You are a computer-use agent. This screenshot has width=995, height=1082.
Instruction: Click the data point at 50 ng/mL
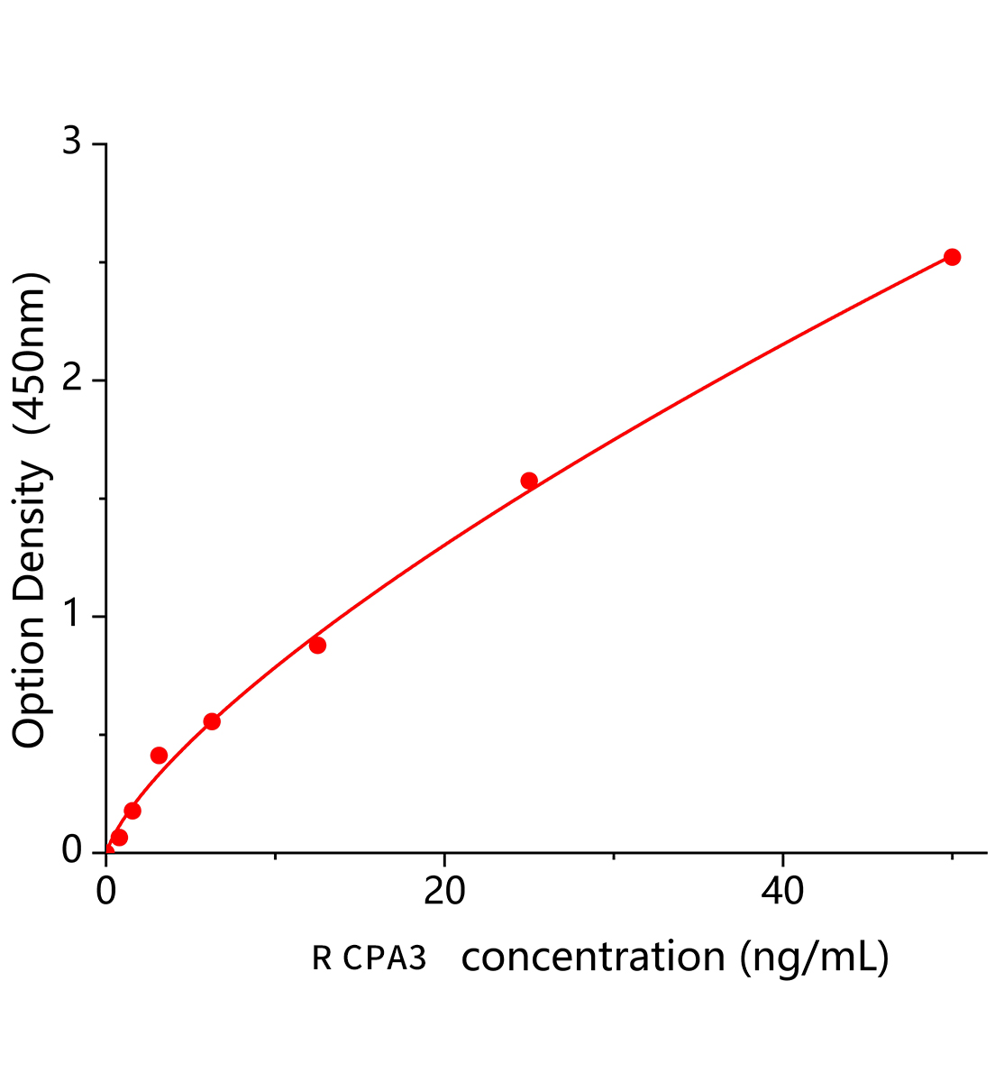[952, 257]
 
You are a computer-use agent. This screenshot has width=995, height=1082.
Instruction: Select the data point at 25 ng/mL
[529, 481]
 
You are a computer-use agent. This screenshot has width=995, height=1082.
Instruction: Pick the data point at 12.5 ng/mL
[317, 645]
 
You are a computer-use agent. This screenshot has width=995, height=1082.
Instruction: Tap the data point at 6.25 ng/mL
[212, 721]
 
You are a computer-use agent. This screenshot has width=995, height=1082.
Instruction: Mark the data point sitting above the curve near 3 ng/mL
[159, 755]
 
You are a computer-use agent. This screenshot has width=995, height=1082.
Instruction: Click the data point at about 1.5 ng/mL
[132, 811]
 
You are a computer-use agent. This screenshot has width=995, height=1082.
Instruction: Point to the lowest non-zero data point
[119, 838]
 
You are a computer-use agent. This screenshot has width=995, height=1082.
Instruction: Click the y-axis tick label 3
[72, 144]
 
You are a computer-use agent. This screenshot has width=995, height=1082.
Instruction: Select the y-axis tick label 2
[72, 381]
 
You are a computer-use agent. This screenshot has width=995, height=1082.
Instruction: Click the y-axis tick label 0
[72, 852]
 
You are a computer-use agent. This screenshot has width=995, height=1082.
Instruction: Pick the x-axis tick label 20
[444, 892]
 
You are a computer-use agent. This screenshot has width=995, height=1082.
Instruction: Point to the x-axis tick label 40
[782, 892]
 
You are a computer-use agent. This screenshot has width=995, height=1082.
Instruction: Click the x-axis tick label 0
[106, 892]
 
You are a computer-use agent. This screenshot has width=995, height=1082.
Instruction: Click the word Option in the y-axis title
[29, 682]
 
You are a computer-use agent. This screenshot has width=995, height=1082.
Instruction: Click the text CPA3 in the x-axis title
[384, 958]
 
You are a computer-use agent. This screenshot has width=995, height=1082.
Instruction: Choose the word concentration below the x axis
[593, 958]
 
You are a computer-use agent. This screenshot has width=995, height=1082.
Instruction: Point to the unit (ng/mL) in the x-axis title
[815, 958]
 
